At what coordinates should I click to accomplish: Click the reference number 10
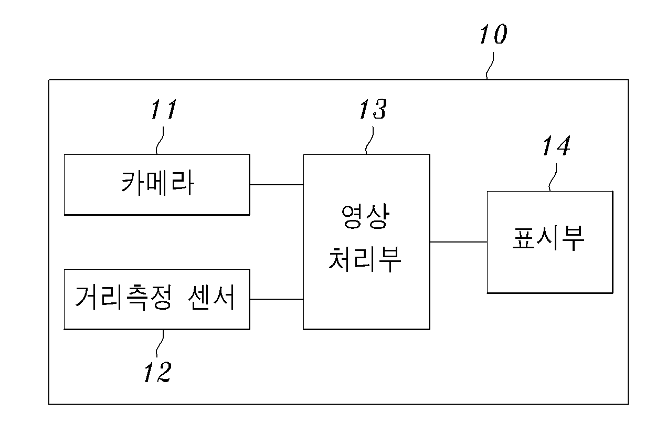[x=493, y=34]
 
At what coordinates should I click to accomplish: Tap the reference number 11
[x=164, y=109]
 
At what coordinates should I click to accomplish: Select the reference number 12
[x=157, y=372]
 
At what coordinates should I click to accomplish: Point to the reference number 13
[x=373, y=109]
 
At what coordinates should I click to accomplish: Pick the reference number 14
[x=556, y=145]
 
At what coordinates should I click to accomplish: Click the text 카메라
[x=157, y=183]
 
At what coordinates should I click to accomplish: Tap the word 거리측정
[x=123, y=297]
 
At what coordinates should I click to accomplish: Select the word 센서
[x=211, y=297]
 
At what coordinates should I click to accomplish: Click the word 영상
[x=365, y=216]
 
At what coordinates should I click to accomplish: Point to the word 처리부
[x=365, y=259]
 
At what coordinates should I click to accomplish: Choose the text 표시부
[x=548, y=238]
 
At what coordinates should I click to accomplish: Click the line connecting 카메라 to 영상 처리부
[x=277, y=185]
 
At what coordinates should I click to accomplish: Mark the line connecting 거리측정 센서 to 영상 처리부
[x=277, y=299]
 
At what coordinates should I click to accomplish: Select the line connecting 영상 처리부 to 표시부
[x=458, y=242]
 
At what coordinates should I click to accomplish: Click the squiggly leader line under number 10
[x=490, y=66]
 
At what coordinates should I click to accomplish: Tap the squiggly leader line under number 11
[x=160, y=141]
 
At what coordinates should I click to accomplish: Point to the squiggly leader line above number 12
[x=160, y=343]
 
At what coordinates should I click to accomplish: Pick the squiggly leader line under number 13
[x=369, y=141]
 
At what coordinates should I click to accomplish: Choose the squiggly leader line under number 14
[x=553, y=177]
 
